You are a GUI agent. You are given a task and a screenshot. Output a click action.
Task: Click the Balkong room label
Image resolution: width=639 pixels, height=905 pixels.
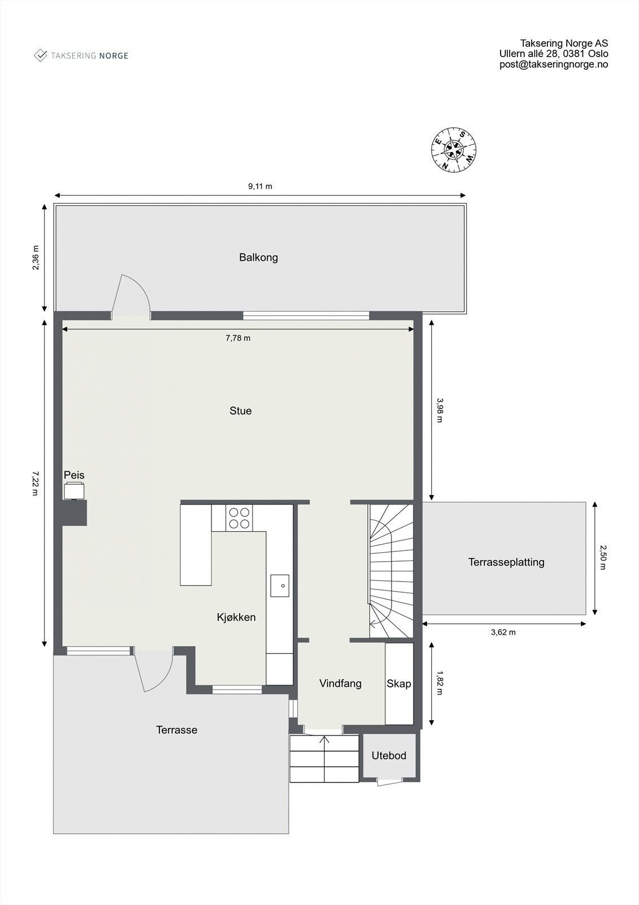coord(258,257)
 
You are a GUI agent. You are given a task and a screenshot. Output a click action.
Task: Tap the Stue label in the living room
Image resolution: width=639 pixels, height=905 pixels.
coord(241,411)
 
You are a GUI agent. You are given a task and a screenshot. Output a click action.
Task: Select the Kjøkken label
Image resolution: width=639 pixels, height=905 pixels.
coord(236,617)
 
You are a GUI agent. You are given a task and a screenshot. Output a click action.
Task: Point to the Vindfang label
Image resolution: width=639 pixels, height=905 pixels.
coord(340,683)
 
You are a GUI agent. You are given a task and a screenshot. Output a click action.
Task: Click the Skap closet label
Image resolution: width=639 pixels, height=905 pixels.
coord(399,683)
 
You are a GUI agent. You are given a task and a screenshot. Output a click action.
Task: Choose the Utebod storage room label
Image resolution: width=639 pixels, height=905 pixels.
coord(389,755)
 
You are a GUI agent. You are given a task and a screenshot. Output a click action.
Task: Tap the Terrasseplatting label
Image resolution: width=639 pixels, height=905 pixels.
coord(506,562)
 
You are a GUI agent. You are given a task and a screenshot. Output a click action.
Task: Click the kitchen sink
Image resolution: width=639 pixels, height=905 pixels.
coord(280,585)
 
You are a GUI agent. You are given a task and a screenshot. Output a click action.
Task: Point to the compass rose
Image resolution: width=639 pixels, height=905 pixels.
coord(454,149)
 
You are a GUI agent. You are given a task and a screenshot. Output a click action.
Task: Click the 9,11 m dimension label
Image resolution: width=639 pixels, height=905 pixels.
coord(260,186)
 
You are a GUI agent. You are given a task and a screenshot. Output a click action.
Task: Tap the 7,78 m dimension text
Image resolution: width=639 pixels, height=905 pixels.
coord(238,338)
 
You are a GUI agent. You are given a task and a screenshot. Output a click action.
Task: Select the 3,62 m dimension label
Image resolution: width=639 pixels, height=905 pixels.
coord(503,632)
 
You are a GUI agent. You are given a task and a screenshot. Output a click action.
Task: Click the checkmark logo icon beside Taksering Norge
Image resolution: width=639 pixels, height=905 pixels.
coord(41,55)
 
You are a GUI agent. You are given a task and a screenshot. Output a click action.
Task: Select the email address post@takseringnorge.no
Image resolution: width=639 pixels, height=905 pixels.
coord(554,64)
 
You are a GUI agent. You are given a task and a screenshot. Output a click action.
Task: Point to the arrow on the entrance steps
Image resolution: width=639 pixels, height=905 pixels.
coord(325,745)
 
